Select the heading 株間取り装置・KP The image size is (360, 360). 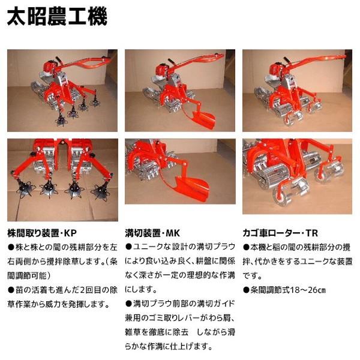[x=42, y=232]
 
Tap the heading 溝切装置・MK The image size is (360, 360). [x=152, y=232]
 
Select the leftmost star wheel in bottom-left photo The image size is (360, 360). [x=23, y=188]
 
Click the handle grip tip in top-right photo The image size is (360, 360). [x=344, y=58]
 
